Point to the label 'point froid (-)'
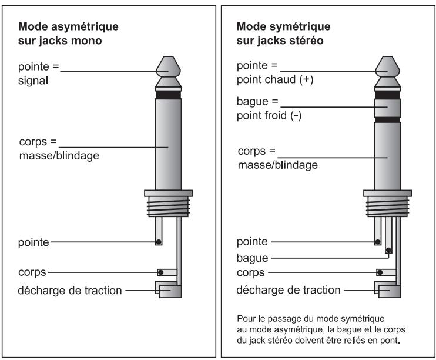click(x=269, y=116)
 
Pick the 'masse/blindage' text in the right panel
click(x=277, y=165)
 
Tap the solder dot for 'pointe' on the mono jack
click(x=158, y=242)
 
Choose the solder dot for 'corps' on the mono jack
click(x=159, y=272)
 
